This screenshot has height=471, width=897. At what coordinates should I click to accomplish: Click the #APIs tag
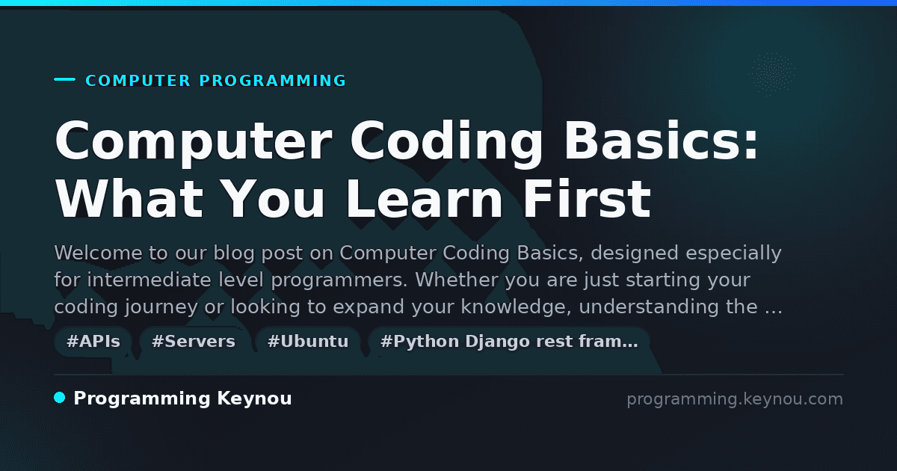tap(93, 342)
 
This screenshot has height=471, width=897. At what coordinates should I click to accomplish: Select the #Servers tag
tap(194, 342)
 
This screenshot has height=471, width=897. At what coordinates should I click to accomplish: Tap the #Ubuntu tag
tap(308, 342)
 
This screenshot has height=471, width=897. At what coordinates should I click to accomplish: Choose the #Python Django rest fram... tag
tap(509, 342)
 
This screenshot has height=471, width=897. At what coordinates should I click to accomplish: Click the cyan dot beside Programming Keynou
tap(60, 398)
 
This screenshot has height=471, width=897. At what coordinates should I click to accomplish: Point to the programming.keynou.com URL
tap(735, 399)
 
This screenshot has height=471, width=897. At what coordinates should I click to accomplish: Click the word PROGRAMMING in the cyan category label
tap(272, 81)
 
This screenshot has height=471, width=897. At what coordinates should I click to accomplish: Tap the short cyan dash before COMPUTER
tap(64, 79)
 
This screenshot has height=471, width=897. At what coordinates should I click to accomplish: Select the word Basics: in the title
tap(661, 141)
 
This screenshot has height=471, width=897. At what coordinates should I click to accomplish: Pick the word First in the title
tap(587, 199)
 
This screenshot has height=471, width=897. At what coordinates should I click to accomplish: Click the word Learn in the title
tap(425, 199)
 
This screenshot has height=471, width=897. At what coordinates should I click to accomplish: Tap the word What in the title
tap(129, 199)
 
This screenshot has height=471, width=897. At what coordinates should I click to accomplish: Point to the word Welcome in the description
tap(98, 253)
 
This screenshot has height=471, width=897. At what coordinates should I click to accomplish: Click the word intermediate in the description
tap(149, 280)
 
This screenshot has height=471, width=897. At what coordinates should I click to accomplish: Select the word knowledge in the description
tap(516, 307)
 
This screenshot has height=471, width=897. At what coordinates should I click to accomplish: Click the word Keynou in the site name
tap(254, 398)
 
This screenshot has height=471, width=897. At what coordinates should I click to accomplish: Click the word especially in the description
tap(733, 253)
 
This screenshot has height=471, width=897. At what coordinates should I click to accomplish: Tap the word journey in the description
tap(161, 307)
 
